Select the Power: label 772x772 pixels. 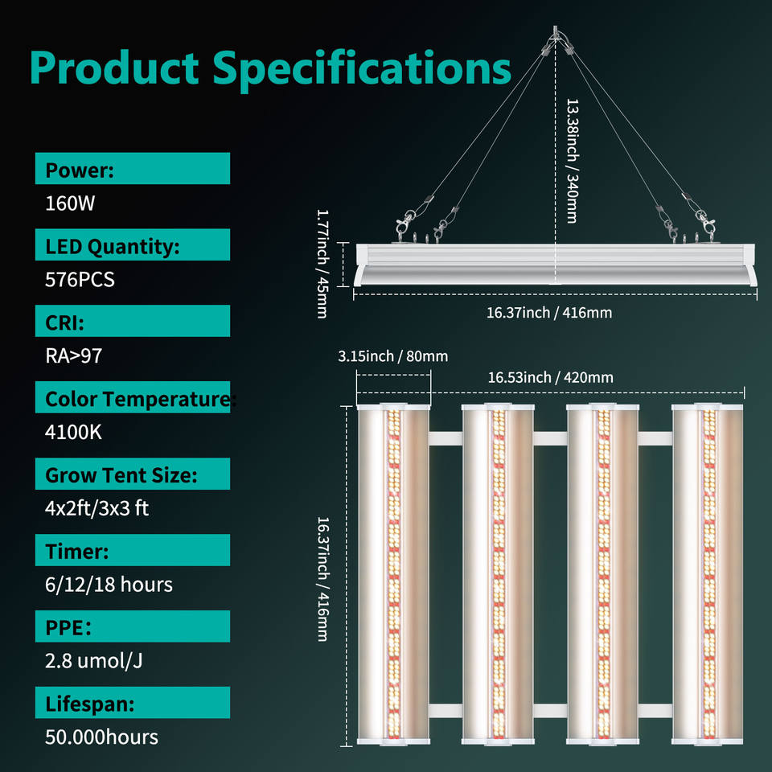79,170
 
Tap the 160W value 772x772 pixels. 70,203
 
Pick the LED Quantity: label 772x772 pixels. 112,246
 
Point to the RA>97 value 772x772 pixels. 73,355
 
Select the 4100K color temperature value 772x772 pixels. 73,432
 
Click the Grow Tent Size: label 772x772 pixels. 121,474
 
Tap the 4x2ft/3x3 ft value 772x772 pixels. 96,508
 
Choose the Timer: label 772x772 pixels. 76,551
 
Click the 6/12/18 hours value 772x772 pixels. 109,584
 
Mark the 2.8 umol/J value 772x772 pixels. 94,660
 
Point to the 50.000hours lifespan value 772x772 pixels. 101,737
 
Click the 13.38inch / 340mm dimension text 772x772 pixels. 572,161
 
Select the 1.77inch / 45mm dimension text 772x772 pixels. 322,264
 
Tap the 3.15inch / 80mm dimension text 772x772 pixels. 393,356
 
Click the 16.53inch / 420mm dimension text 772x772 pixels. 550,377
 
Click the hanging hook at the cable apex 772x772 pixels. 556,38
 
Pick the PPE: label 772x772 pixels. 68,627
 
